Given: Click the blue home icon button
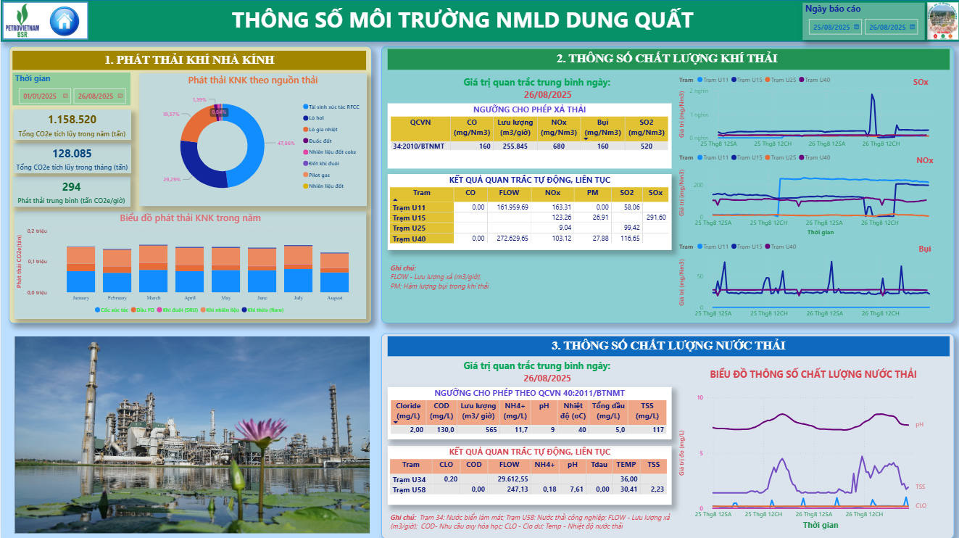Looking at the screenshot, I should (x=65, y=20).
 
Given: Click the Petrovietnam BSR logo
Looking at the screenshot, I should (x=22, y=20).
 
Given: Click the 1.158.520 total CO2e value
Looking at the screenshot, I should (x=72, y=120).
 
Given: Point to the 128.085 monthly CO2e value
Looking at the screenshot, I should (x=72, y=154).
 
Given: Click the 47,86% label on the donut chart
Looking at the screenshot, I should (x=286, y=144).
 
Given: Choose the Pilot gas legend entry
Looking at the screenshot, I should (x=319, y=175).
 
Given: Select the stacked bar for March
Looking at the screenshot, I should (x=154, y=268).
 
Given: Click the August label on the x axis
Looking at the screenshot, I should (x=334, y=298).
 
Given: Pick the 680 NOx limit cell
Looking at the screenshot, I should (x=558, y=146).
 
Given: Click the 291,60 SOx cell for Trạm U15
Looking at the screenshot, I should (x=655, y=217).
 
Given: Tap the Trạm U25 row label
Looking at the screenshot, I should (x=409, y=228).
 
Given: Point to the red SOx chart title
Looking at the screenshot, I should (x=920, y=82).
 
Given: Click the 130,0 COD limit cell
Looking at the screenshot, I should (x=441, y=430).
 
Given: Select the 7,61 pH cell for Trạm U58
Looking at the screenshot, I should (x=576, y=489).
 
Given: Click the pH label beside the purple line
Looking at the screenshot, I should (x=919, y=424).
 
